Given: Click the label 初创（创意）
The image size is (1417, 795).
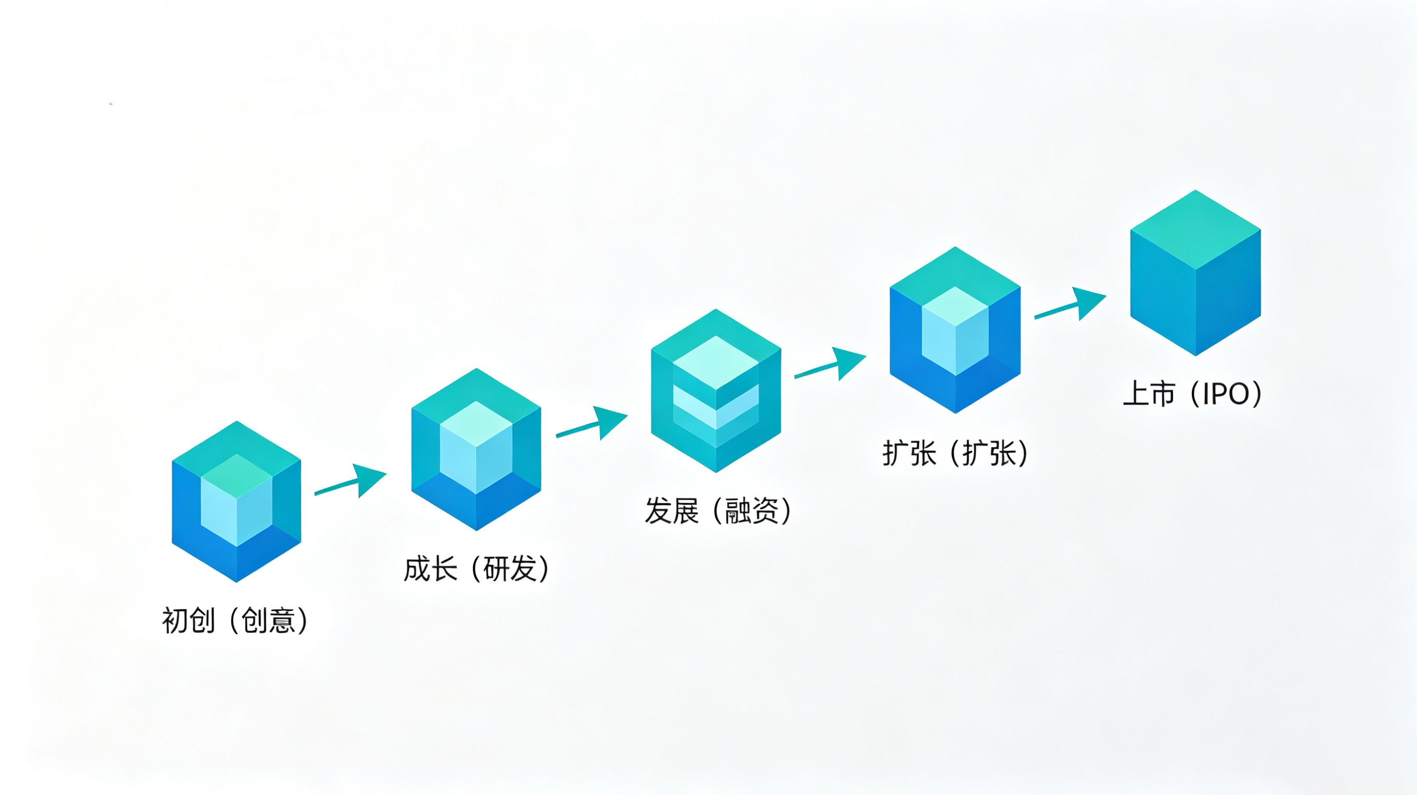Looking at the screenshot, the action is click(x=235, y=621).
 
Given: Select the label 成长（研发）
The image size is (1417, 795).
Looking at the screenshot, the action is click(x=476, y=569).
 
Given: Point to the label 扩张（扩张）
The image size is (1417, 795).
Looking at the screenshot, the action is click(x=955, y=453).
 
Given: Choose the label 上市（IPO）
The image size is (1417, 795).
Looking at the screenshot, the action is click(x=1192, y=394).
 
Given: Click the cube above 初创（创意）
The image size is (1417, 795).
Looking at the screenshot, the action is click(x=237, y=502).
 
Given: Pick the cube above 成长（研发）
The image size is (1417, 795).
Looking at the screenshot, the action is click(x=476, y=449).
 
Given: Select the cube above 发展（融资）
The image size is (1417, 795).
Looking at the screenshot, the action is click(x=716, y=390).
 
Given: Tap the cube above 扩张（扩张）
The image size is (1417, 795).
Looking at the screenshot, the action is click(x=955, y=330).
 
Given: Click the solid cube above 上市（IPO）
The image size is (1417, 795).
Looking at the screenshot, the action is click(x=1196, y=273).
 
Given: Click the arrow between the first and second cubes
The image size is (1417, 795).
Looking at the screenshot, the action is click(x=351, y=481).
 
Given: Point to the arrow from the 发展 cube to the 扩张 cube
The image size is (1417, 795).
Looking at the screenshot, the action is click(x=830, y=364).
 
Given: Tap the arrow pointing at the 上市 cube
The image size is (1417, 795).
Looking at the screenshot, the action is click(x=1071, y=304).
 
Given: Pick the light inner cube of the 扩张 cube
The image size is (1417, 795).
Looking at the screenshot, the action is click(x=955, y=331).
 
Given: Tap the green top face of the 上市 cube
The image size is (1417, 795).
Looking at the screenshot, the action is click(x=1196, y=229).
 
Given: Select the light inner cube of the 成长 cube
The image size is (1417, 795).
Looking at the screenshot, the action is click(x=476, y=447).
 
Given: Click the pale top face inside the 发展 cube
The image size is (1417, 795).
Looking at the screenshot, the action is click(x=716, y=362).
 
